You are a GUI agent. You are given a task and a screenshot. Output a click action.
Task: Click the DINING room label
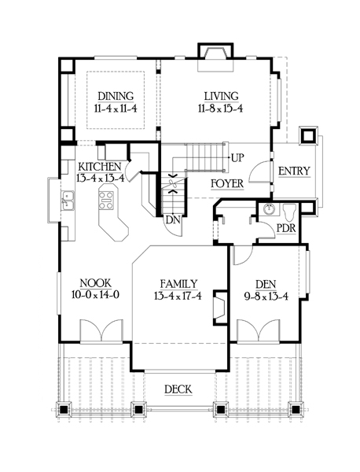pyautogui.click(x=116, y=96)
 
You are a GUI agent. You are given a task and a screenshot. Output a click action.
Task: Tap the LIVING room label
pyautogui.click(x=222, y=96)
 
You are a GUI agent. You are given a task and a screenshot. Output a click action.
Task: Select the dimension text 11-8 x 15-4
pyautogui.click(x=220, y=109)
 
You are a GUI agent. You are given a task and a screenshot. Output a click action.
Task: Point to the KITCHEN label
pyautogui.click(x=100, y=167)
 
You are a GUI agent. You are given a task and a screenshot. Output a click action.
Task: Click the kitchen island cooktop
pyautogui.click(x=106, y=200)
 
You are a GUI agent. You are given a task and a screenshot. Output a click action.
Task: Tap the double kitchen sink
pyautogui.click(x=68, y=200)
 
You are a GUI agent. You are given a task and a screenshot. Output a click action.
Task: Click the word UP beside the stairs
pyautogui.click(x=237, y=158)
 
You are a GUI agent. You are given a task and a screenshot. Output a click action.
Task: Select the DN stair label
pyautogui.click(x=173, y=220)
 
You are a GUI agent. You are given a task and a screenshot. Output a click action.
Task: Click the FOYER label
pyautogui.click(x=227, y=183)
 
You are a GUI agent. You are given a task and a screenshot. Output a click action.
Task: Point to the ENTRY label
pyautogui.click(x=294, y=171)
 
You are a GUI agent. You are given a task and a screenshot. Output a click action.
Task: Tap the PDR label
pyautogui.click(x=286, y=228)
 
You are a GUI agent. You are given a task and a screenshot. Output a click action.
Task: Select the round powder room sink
pyautogui.click(x=269, y=209)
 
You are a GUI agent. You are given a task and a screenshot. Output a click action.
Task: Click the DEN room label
pyautogui.click(x=266, y=285)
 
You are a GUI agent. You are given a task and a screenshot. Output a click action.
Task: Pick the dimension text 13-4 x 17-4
pyautogui.click(x=178, y=297)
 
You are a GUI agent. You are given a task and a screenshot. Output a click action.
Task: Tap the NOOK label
pyautogui.click(x=96, y=283)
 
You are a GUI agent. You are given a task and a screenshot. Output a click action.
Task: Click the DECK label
pyautogui.click(x=178, y=389)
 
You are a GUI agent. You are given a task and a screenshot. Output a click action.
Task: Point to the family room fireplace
pyautogui.click(x=220, y=308)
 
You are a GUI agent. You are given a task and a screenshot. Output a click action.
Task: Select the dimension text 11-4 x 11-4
pyautogui.click(x=116, y=109)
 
